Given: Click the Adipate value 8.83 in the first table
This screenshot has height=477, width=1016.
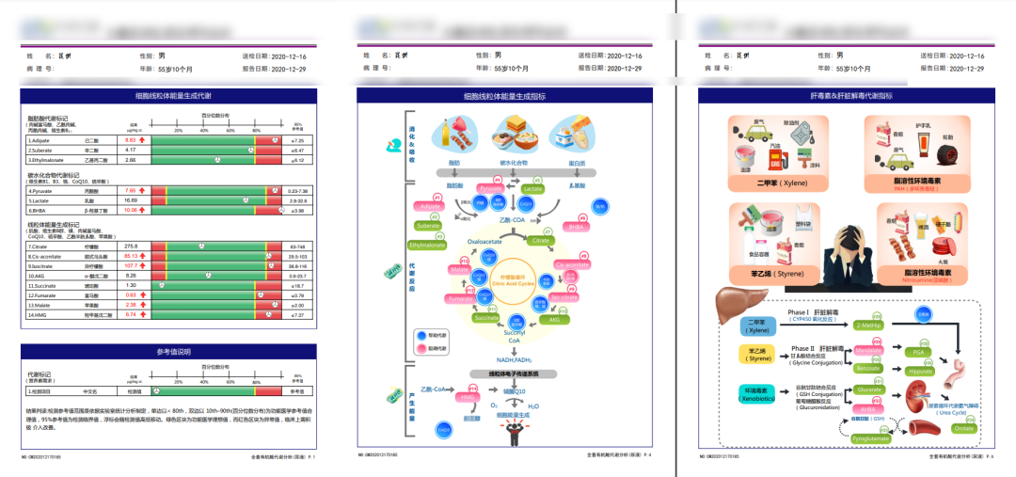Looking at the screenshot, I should [x=131, y=139].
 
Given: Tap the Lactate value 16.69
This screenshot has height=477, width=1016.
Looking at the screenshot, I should [x=131, y=200].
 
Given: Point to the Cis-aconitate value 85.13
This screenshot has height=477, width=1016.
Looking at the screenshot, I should [x=131, y=256].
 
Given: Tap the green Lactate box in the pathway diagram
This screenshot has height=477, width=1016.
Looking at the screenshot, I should [x=532, y=188].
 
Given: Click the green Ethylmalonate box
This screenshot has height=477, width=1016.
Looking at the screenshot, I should [x=427, y=245].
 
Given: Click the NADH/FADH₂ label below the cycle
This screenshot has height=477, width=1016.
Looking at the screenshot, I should [x=513, y=359].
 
